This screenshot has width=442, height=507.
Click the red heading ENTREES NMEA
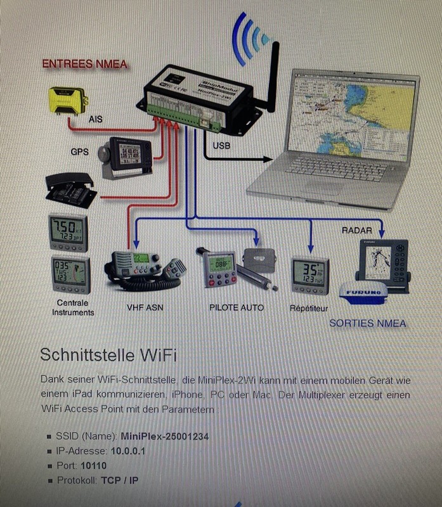[84, 64]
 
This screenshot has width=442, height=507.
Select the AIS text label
[95, 118]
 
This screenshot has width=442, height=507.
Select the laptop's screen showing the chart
[348, 117]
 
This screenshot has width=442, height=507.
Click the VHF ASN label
[145, 307]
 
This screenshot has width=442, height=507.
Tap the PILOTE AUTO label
[236, 307]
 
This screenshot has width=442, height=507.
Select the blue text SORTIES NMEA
[368, 323]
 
